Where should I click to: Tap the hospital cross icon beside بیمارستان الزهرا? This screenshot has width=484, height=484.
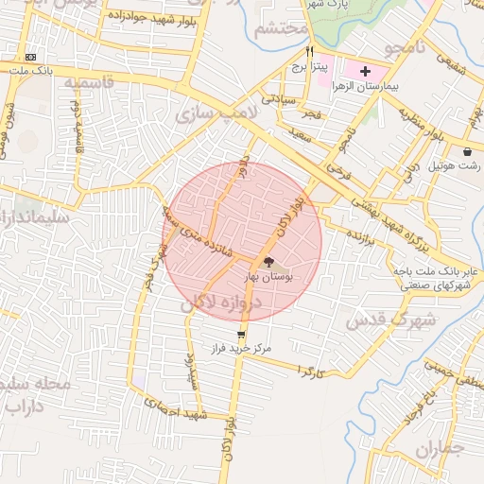(366, 72)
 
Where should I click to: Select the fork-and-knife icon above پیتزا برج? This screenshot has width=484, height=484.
(309, 53)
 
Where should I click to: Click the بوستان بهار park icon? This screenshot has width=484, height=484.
(269, 262)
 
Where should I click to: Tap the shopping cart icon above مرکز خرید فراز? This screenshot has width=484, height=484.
(242, 334)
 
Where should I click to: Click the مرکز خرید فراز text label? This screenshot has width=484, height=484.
(242, 348)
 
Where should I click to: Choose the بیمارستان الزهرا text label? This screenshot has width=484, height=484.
(407, 87)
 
